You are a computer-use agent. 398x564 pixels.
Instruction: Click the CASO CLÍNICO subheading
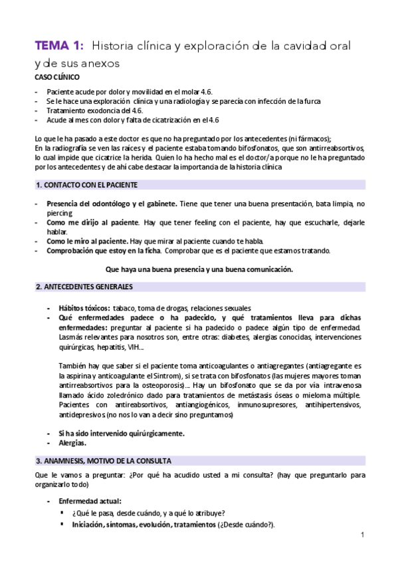[x=56, y=78]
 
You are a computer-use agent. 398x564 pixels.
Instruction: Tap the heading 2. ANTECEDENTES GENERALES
[x=84, y=287]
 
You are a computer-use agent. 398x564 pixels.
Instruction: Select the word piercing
[x=60, y=215]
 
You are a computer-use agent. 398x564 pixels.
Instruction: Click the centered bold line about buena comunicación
[x=199, y=269]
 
